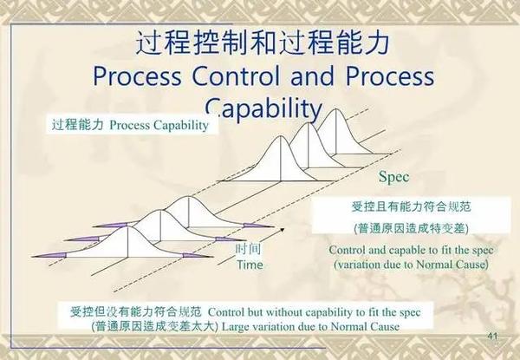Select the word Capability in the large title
click(264, 108)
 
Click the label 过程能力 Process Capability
click(129, 125)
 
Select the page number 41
click(492, 336)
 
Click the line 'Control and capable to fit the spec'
click(410, 250)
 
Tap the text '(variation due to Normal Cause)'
click(411, 263)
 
